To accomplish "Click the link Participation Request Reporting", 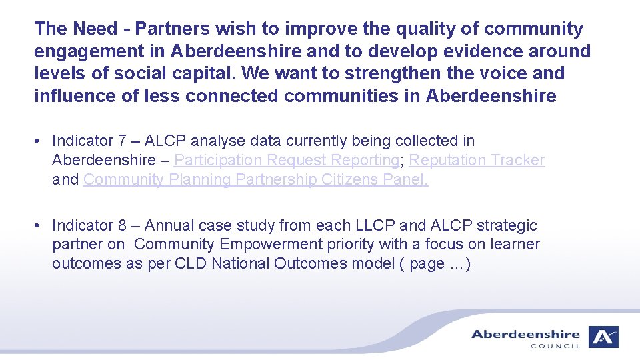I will point(287,160).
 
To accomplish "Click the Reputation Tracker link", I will point(477,160).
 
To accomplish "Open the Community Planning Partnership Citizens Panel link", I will point(255,179).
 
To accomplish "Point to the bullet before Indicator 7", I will point(40,141).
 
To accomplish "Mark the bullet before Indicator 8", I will point(40,225).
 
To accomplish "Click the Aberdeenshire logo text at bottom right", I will point(525,335).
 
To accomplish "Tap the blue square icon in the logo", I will point(603,337).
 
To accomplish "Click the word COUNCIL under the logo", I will point(555,346).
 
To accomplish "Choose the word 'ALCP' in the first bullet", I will point(167,141).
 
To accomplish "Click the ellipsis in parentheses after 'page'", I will point(457,264).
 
